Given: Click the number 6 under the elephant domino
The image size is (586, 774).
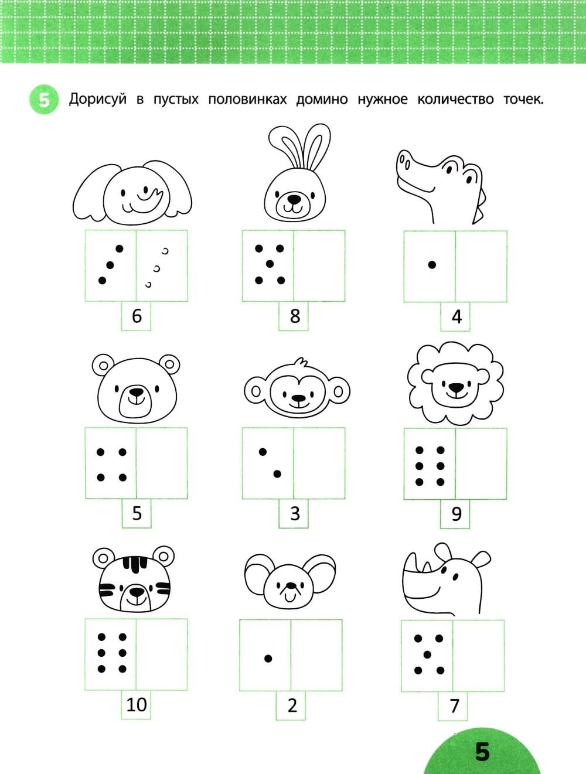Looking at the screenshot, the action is click(x=137, y=316).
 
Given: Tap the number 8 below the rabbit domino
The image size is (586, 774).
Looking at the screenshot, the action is click(x=295, y=316).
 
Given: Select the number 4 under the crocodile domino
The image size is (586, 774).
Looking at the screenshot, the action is click(x=456, y=316).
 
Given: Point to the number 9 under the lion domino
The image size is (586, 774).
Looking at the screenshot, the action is click(x=456, y=514).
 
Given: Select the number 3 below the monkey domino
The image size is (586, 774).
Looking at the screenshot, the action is click(x=295, y=513).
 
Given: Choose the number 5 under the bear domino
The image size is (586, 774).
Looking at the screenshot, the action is click(x=137, y=513).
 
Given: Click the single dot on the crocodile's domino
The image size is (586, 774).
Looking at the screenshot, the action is click(x=432, y=265).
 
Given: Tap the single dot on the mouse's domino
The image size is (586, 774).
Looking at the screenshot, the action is click(x=268, y=659).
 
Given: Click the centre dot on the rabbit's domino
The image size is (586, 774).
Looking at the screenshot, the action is click(x=270, y=264).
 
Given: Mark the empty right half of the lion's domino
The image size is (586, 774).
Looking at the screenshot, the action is click(x=481, y=463).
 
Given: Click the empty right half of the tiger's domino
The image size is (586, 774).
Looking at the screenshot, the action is click(x=162, y=655).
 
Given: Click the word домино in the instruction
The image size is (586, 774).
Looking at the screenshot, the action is click(x=322, y=100).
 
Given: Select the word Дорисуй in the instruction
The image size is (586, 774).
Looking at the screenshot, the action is click(x=97, y=100).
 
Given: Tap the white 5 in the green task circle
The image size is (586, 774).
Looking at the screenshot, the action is click(x=45, y=101).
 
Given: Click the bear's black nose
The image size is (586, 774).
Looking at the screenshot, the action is click(x=137, y=392).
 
